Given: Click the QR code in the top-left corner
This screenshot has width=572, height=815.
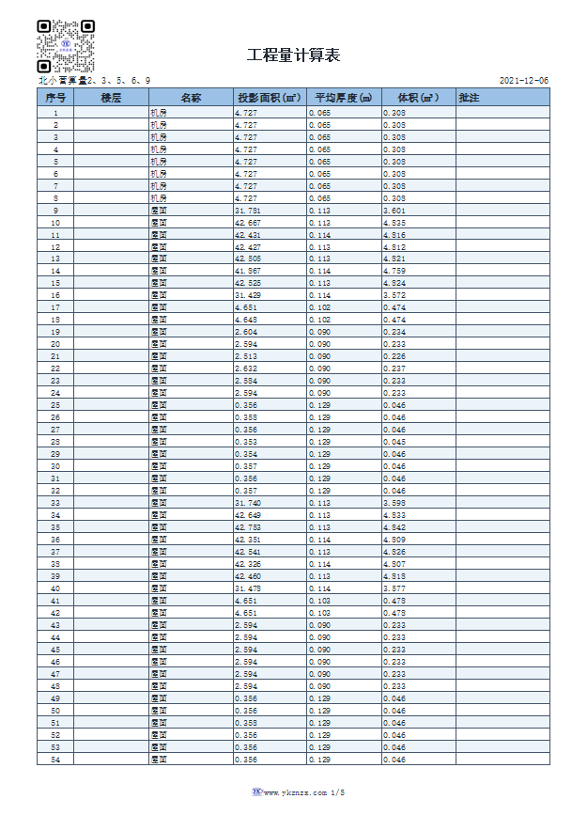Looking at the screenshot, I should (x=65, y=46).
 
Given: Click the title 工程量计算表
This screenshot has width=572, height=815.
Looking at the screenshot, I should (x=293, y=55).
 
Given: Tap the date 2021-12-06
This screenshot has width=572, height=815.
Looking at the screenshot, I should (x=524, y=81).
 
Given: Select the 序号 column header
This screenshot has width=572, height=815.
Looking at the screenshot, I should (x=54, y=98).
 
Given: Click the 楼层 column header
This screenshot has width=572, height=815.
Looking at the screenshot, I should (x=111, y=98).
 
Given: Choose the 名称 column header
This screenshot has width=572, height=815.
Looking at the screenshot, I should (x=191, y=98).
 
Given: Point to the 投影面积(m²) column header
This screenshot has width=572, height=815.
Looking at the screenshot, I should (x=269, y=98).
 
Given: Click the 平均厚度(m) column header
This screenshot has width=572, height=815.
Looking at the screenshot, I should (x=343, y=98).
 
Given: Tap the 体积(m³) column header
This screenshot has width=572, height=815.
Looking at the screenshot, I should (x=418, y=98).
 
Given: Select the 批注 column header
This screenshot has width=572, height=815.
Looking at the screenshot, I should (x=469, y=98).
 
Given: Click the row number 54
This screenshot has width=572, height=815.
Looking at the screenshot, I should (x=54, y=759).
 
